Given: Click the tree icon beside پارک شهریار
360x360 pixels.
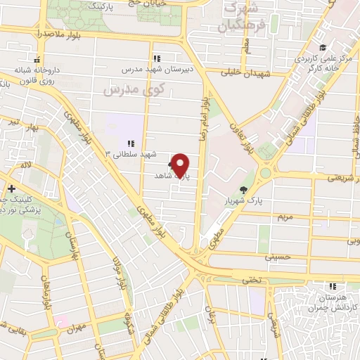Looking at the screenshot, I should (x=244, y=190).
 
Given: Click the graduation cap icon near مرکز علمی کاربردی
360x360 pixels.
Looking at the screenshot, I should (x=322, y=49).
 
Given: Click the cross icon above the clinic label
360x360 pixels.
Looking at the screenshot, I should (x=12, y=188).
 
